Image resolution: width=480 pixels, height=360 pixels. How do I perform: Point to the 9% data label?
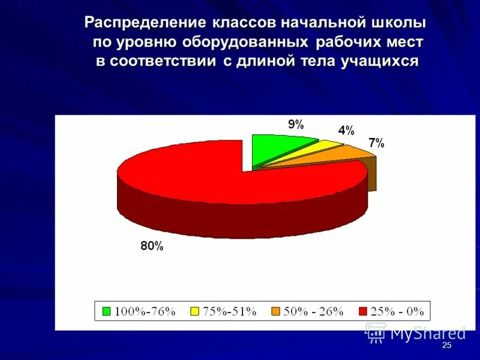(x=296, y=125)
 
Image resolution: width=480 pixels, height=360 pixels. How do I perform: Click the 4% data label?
(x=346, y=130)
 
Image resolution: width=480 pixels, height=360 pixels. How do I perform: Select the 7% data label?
(x=376, y=143)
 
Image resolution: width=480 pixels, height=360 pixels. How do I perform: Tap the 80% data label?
(x=152, y=245)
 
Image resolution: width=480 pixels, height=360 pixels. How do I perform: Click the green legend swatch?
(x=106, y=311)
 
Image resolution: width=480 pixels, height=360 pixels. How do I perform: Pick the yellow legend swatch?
(x=194, y=311)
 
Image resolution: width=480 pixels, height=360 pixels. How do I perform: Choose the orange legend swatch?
(x=275, y=311)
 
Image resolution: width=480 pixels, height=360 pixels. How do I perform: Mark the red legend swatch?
(x=362, y=311)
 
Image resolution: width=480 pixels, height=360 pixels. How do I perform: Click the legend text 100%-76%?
(x=145, y=311)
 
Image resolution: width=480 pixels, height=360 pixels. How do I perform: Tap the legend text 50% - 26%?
(x=314, y=311)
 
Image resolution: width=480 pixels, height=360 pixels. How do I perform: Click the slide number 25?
(x=446, y=346)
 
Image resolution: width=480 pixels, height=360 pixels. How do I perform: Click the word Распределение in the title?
(x=146, y=23)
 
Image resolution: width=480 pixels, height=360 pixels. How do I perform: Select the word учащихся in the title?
(x=380, y=61)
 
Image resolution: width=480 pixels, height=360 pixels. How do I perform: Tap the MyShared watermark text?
(x=428, y=333)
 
